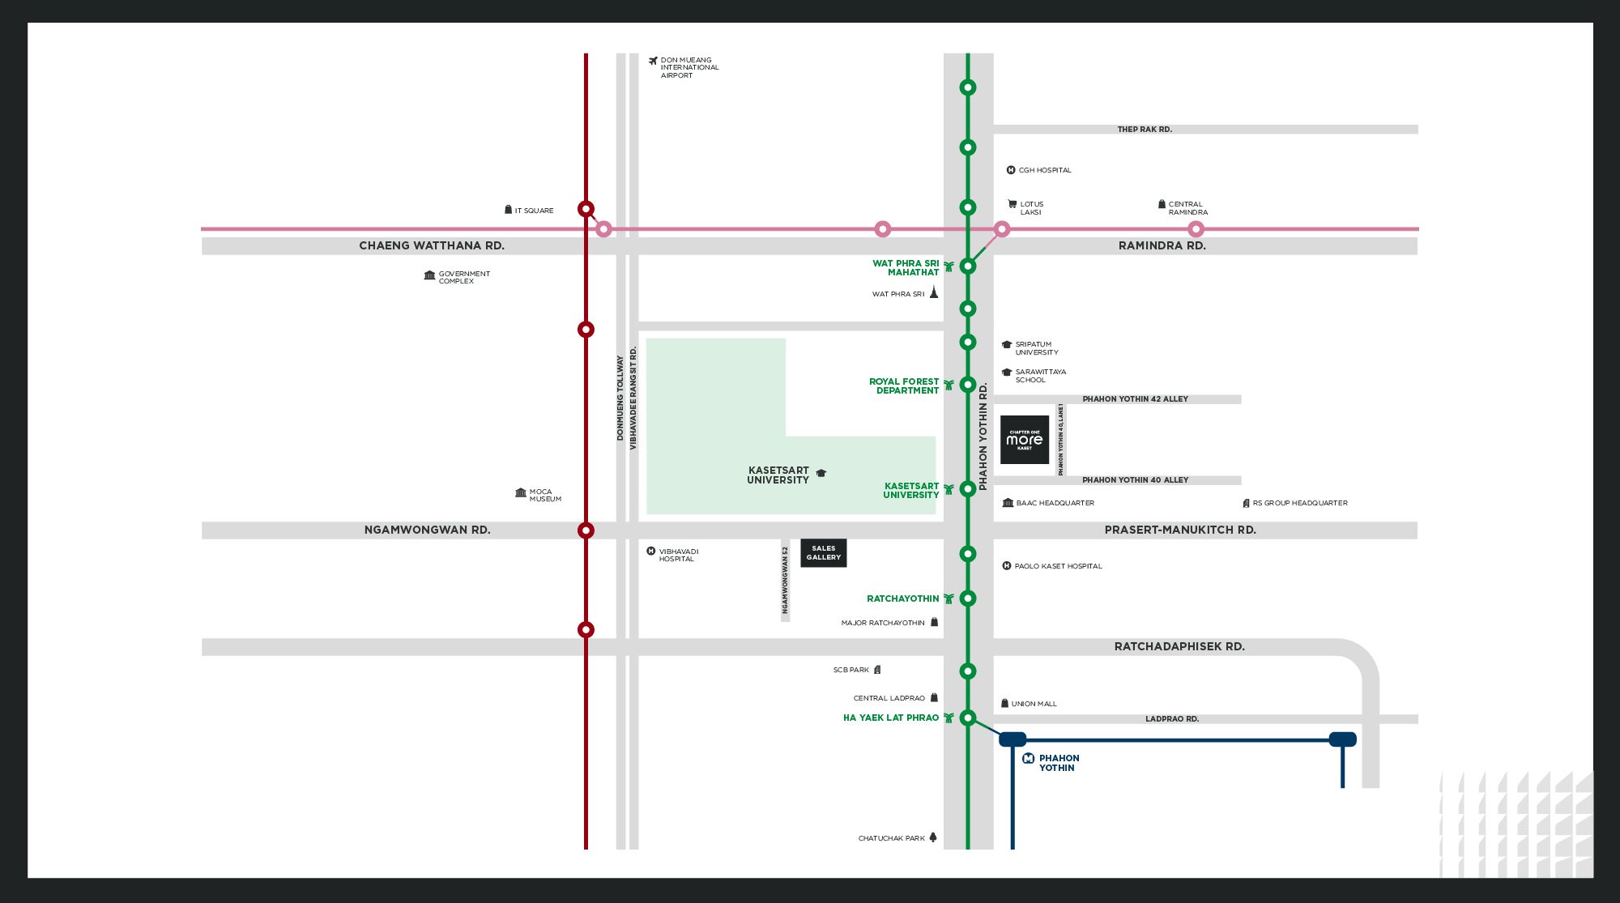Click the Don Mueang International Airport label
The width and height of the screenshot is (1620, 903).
pos(688,67)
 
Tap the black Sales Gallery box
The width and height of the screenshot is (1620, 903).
pos(824,553)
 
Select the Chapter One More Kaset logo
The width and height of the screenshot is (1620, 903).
pos(1025,440)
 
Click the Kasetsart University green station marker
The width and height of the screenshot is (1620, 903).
pos(967,489)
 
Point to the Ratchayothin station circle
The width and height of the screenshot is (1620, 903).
pos(967,598)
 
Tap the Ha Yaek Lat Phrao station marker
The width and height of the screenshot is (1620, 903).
pos(967,718)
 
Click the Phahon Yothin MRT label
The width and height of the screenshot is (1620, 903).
pos(1059,763)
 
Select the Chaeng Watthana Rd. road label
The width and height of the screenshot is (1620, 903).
pos(432,245)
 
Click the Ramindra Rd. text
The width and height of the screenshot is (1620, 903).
pos(1162,245)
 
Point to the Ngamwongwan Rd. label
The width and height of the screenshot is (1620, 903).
pos(427,530)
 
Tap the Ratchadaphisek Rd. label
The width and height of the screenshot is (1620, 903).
pos(1179,646)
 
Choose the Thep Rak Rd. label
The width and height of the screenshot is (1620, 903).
pos(1145,130)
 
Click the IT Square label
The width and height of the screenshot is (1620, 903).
pos(534,211)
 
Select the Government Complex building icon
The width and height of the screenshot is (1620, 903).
pos(429,275)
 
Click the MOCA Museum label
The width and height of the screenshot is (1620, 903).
pos(545,495)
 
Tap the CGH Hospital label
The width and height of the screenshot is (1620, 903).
pos(1044,170)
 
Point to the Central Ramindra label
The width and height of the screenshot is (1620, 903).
pos(1187,208)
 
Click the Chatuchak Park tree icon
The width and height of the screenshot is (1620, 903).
pos(933,837)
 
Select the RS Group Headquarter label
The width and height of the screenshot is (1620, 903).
pos(1299,503)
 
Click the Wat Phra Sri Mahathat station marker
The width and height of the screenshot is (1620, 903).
pos(967,266)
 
